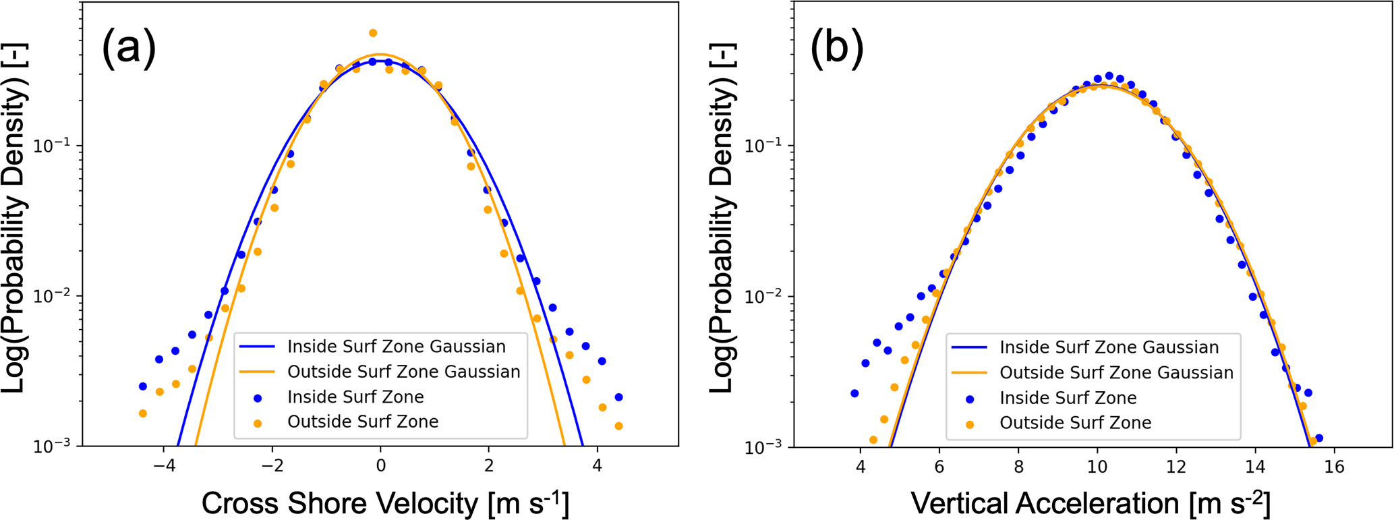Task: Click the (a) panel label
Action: tap(129, 49)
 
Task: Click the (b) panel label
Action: tap(837, 49)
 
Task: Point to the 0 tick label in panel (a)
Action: tap(380, 466)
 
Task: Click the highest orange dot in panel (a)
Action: tap(373, 33)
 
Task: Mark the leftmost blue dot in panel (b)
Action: tap(854, 393)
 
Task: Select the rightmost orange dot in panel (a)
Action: tap(618, 426)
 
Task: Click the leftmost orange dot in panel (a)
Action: tap(143, 413)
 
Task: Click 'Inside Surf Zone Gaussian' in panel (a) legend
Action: tap(396, 347)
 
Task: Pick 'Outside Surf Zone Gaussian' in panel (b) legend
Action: tap(1116, 372)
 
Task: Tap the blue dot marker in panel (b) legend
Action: tap(970, 399)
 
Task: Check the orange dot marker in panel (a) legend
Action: tap(258, 423)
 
